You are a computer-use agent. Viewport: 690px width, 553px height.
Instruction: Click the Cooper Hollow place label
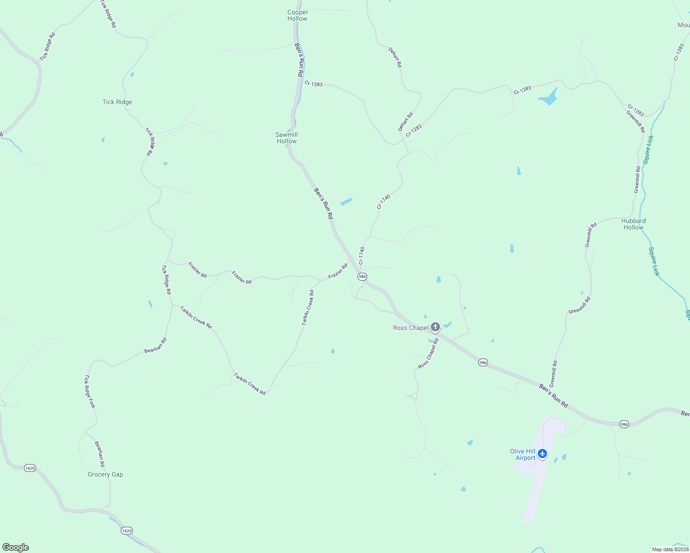coord(297,15)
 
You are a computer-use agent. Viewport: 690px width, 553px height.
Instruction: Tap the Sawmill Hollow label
coord(286,138)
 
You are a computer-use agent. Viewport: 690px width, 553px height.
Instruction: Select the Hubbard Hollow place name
coord(633,224)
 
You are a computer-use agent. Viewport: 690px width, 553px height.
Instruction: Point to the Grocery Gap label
coord(105,474)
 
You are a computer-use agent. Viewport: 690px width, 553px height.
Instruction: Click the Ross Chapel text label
coord(410,328)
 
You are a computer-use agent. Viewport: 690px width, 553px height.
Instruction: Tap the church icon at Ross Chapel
coord(435,327)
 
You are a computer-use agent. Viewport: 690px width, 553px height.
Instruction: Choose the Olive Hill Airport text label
coord(523,454)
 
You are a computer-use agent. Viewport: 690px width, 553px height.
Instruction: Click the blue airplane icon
coord(542,453)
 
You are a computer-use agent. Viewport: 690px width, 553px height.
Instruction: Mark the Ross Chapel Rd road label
coord(428,353)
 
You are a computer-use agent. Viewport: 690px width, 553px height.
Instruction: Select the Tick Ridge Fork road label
coord(89,391)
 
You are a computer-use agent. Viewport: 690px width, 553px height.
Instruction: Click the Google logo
coord(16,547)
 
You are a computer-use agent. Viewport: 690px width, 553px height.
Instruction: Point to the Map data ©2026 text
coord(670,549)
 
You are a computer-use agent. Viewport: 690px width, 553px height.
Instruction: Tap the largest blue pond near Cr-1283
coord(548,98)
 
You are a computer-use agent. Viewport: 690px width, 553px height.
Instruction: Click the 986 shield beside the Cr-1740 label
coord(362,276)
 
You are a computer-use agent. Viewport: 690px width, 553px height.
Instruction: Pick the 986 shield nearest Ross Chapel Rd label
coord(482,362)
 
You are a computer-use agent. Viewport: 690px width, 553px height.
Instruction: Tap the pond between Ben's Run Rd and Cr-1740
coord(346,201)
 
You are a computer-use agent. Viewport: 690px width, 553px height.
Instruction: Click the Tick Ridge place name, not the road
coord(117,102)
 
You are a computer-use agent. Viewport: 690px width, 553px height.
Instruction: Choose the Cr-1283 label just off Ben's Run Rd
coord(314,84)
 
